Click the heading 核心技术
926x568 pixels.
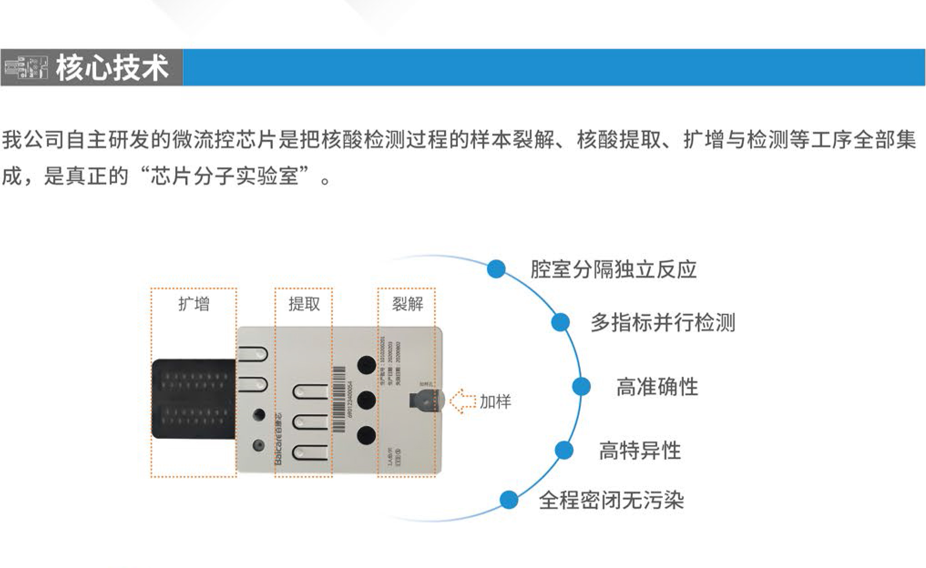tap(112, 68)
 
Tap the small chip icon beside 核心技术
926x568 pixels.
tap(26, 68)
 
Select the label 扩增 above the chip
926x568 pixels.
tap(194, 304)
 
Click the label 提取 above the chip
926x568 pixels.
tap(304, 304)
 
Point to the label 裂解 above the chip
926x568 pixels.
tap(407, 304)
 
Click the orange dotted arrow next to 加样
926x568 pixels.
tap(462, 401)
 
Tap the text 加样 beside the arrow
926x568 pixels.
tap(495, 401)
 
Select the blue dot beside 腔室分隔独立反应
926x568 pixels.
tap(496, 269)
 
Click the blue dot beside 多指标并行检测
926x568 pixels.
tap(560, 322)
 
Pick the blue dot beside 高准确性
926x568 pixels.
tap(581, 386)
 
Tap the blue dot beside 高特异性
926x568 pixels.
tap(564, 450)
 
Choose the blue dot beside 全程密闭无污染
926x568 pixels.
tap(509, 500)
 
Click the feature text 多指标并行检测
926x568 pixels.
tap(663, 322)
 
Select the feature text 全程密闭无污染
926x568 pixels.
tap(611, 500)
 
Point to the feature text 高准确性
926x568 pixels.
tap(657, 387)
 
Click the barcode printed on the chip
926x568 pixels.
tap(338, 399)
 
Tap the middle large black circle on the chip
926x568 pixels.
tap(366, 400)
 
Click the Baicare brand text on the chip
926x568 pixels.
tap(278, 439)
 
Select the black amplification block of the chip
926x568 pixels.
tap(194, 399)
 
